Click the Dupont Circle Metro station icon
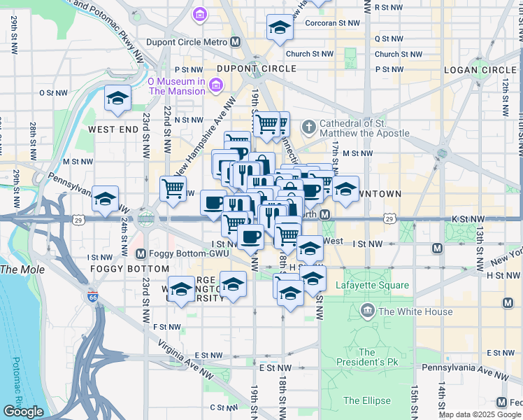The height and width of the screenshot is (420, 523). [236, 42]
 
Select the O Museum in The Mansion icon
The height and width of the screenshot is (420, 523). [215, 86]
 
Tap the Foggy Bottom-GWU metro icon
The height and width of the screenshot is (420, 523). [141, 253]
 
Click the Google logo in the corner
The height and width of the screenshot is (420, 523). [24, 412]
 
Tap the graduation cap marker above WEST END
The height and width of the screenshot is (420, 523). [117, 99]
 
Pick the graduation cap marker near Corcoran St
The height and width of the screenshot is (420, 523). [280, 29]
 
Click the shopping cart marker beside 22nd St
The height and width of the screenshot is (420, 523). [173, 188]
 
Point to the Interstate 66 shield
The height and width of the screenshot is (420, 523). [93, 297]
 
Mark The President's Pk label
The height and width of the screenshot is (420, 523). [367, 357]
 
